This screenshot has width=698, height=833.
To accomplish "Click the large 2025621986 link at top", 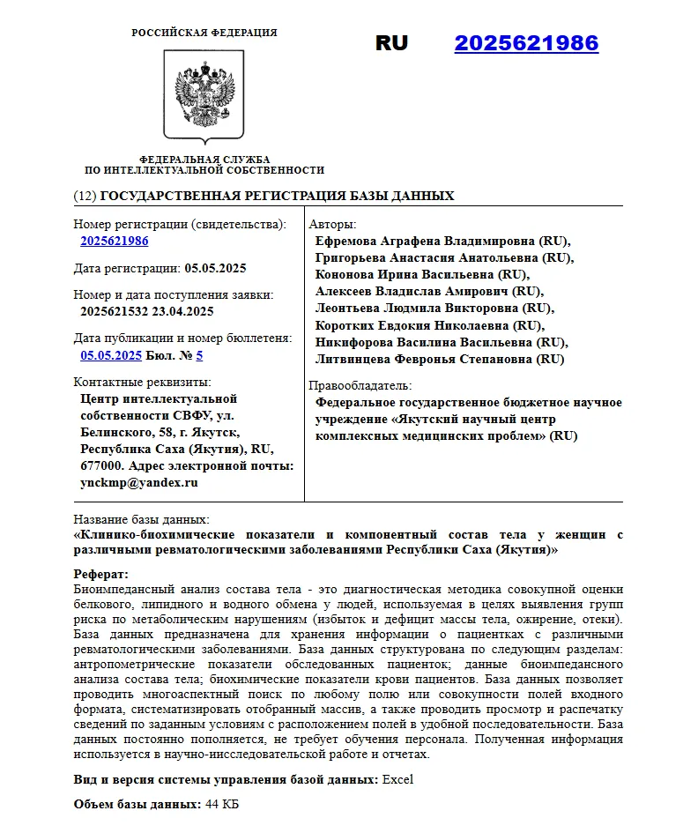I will [526, 43].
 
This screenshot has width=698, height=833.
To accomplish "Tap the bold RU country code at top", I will [391, 43].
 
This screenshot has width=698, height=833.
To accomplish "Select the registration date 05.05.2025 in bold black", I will [215, 268].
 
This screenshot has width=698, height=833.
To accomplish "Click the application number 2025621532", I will [114, 311].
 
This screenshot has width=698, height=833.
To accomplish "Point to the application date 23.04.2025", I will [182, 311].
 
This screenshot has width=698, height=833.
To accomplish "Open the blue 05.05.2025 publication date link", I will [111, 355].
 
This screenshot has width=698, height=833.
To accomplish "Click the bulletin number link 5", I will [199, 355].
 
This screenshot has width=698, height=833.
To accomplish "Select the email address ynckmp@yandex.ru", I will [139, 482].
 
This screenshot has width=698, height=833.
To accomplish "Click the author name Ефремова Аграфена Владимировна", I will [426, 241].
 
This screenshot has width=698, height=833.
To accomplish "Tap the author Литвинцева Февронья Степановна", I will [426, 359].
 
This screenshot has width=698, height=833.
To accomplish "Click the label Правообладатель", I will [360, 386].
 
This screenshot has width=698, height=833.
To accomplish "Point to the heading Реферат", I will [100, 575].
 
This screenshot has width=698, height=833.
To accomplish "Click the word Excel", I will [397, 779].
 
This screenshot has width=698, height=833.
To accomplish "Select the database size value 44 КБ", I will [221, 805].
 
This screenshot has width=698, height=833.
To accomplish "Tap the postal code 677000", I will [100, 465].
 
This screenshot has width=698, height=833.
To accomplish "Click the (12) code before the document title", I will [85, 196].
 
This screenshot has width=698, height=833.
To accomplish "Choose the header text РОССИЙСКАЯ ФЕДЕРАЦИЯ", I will [204, 33].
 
